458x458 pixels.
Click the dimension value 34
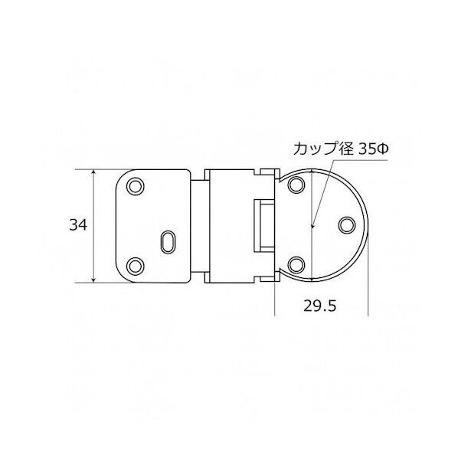(x=77, y=225)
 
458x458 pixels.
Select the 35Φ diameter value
(x=375, y=150)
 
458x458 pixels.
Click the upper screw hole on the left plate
(x=136, y=186)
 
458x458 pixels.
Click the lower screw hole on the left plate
(x=136, y=265)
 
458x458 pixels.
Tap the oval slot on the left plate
(x=167, y=240)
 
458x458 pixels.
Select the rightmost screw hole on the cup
(x=345, y=225)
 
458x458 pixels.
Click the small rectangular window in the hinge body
(x=262, y=225)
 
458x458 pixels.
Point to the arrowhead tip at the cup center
(x=312, y=227)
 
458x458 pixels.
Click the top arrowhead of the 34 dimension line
(x=94, y=172)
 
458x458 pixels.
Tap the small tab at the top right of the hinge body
(x=267, y=169)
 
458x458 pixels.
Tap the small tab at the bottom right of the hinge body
(x=267, y=282)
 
